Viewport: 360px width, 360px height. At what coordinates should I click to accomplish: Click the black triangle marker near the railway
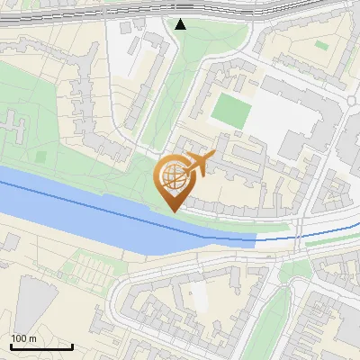tap(181, 24)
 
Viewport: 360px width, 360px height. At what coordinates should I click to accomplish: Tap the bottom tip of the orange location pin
tap(172, 211)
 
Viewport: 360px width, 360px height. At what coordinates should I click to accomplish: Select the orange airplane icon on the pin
tap(197, 165)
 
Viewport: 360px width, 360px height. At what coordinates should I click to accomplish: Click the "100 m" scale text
tap(23, 338)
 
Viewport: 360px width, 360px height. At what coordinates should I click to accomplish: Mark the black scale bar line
tap(41, 346)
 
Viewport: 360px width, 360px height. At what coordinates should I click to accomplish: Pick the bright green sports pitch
tap(230, 110)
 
